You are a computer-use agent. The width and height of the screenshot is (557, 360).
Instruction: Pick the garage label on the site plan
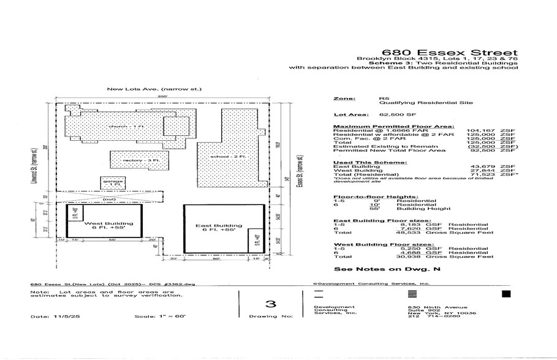pyautogui.click(x=110, y=183)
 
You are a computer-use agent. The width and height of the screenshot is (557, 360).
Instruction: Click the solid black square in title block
pyautogui.click(x=506, y=294)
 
